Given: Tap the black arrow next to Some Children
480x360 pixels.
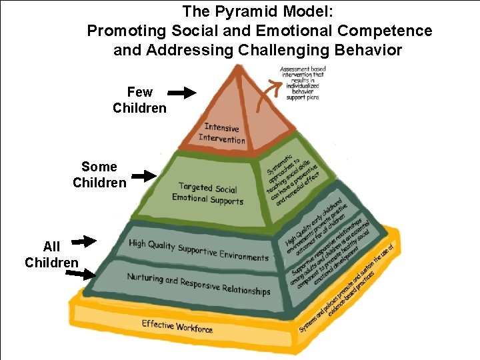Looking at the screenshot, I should (143, 176).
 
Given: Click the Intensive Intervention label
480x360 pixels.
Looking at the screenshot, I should (221, 133).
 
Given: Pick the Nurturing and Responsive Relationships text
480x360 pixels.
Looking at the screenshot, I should (199, 284).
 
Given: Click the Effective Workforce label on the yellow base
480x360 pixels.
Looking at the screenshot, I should (177, 326).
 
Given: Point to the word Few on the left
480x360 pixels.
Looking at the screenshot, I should (139, 92).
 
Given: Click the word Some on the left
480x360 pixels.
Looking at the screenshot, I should (99, 167).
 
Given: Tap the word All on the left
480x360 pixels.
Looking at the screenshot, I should (51, 247).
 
